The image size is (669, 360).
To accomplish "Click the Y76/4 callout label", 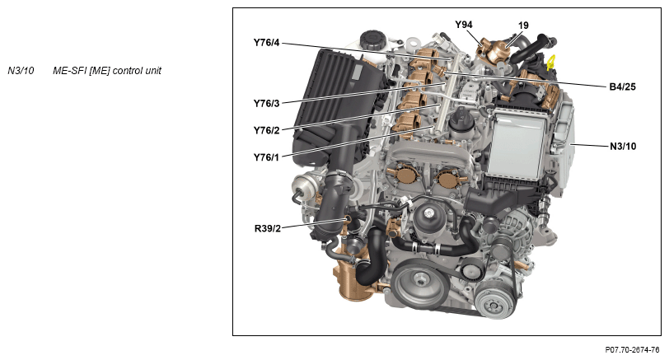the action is [x=266, y=43].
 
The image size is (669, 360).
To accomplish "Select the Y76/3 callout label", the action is [x=266, y=104].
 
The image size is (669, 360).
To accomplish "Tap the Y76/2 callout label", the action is [x=266, y=130].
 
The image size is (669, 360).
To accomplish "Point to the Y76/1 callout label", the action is [x=266, y=158].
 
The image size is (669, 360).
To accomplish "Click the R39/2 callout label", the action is [x=268, y=229].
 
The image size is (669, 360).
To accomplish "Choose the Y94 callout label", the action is [x=464, y=25].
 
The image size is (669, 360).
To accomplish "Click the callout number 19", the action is [x=523, y=26].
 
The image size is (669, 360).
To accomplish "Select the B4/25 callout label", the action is [x=623, y=87].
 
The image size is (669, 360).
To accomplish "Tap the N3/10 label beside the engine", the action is [x=623, y=147].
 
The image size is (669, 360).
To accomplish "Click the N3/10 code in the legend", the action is [x=21, y=71].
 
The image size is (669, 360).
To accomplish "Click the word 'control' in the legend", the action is [x=128, y=71].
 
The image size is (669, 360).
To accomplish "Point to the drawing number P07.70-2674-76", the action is [x=632, y=350].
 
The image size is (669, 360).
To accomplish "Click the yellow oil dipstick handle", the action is [x=551, y=63].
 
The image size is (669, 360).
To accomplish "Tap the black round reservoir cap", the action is [x=373, y=40].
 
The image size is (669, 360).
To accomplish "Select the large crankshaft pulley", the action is [x=420, y=283].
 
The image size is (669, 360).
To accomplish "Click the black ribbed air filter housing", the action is [x=337, y=106].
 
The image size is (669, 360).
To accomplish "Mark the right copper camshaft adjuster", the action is [x=448, y=177].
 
